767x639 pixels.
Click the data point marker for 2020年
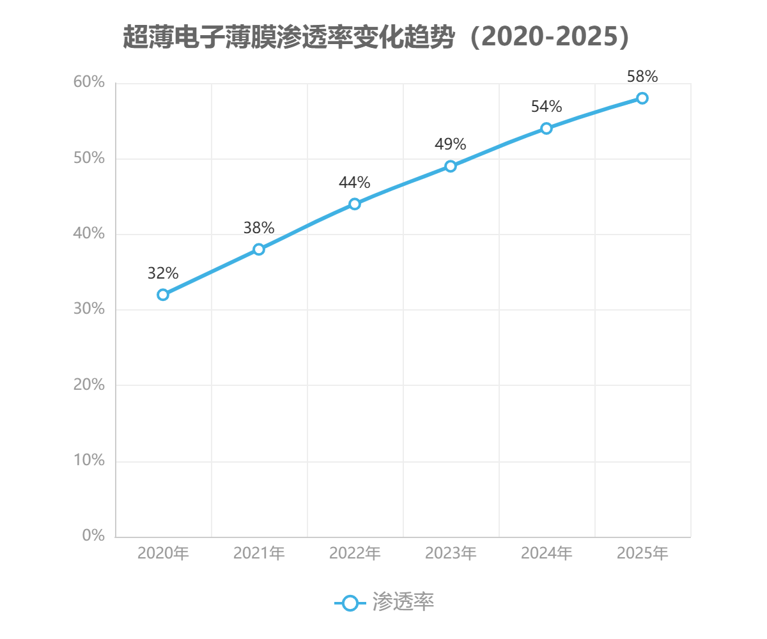point(163,295)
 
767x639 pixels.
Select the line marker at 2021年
point(259,249)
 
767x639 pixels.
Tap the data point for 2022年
point(355,204)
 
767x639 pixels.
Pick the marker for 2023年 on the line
point(451,166)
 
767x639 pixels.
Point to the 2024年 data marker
point(546,128)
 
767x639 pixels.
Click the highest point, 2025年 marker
point(642,98)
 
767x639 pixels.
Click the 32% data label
point(163,273)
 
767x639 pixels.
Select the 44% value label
point(354,183)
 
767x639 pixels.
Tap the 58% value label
point(642,77)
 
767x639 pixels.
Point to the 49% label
point(450,144)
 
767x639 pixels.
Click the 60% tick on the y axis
point(89,82)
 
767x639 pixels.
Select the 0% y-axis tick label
point(93,535)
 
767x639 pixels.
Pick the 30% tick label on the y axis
point(89,309)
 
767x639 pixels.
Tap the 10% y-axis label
point(89,460)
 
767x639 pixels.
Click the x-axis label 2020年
point(163,553)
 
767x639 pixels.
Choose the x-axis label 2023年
point(451,553)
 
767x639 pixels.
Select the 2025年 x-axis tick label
point(642,553)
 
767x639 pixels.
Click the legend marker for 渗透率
point(350,603)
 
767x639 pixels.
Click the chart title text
point(376,38)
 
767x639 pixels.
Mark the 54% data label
point(546,107)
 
